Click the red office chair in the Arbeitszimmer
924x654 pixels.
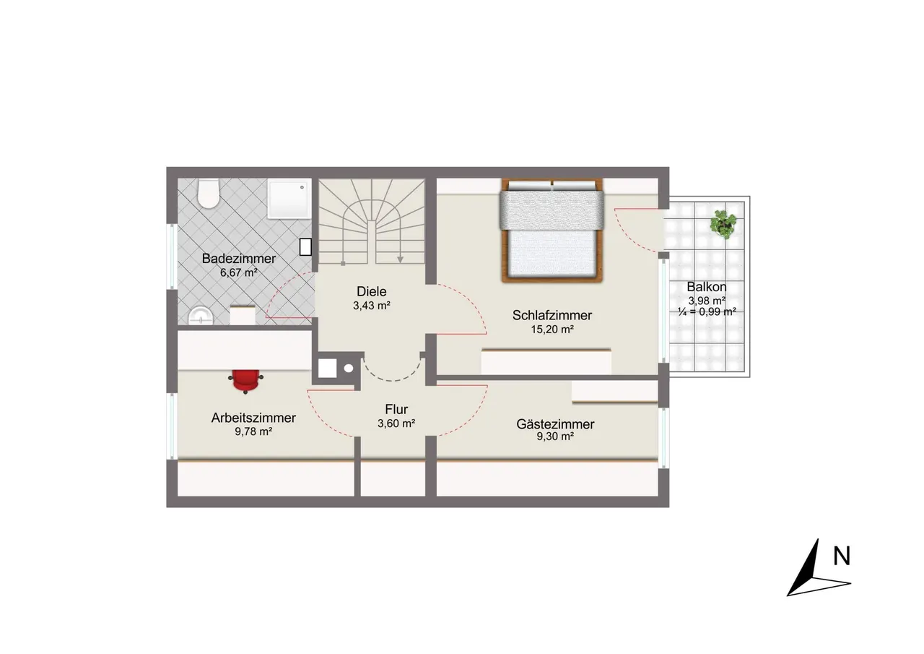click(x=246, y=381)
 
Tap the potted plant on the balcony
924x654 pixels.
click(x=723, y=224)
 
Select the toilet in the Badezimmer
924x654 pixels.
click(x=208, y=194)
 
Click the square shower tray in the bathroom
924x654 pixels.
click(x=289, y=198)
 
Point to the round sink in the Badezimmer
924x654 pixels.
click(x=201, y=316)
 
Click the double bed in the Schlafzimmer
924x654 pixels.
click(x=552, y=231)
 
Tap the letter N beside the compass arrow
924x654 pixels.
click(x=842, y=556)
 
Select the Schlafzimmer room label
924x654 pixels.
click(x=552, y=316)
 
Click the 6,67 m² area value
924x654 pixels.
click(x=238, y=272)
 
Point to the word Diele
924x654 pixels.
click(x=372, y=291)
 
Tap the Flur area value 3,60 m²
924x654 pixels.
click(x=396, y=423)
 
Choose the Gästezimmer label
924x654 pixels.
click(x=555, y=424)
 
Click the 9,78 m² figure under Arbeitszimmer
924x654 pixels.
click(x=253, y=431)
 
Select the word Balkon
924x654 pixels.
click(x=707, y=287)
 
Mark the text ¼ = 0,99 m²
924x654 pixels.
click(x=707, y=311)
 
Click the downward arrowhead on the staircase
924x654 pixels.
click(x=400, y=259)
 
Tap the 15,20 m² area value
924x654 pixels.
click(x=552, y=330)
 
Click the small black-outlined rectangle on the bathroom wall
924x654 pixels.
click(x=305, y=247)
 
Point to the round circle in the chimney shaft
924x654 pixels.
click(x=349, y=369)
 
